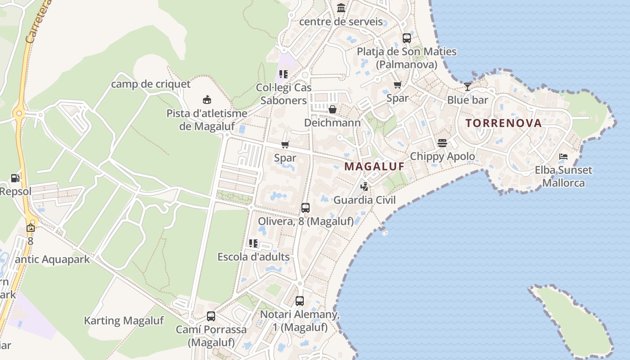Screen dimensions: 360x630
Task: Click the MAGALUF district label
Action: (374, 166)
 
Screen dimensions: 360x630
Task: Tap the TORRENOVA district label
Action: (504, 123)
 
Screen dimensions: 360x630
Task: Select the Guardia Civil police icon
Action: (364, 186)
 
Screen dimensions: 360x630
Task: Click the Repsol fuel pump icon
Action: (15, 178)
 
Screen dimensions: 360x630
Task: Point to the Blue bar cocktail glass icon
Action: (468, 86)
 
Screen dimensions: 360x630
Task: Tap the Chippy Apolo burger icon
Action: (442, 143)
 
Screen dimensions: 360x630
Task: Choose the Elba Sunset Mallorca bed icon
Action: (563, 157)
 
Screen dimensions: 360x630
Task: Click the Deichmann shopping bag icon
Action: (333, 109)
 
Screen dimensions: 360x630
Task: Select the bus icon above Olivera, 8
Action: (305, 208)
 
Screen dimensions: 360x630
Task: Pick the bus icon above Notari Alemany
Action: (300, 301)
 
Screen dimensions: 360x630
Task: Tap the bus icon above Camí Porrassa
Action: (211, 316)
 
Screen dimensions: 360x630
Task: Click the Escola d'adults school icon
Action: (253, 243)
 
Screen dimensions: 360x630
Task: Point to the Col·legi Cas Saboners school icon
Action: (283, 74)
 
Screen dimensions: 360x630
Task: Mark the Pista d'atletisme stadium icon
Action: (207, 99)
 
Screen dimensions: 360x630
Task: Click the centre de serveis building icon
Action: (341, 8)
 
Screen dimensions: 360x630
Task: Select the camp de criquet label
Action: (151, 84)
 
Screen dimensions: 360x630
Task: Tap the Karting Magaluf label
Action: (124, 321)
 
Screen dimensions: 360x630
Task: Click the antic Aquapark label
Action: (52, 260)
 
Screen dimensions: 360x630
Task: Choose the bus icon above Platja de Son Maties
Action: (407, 38)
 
